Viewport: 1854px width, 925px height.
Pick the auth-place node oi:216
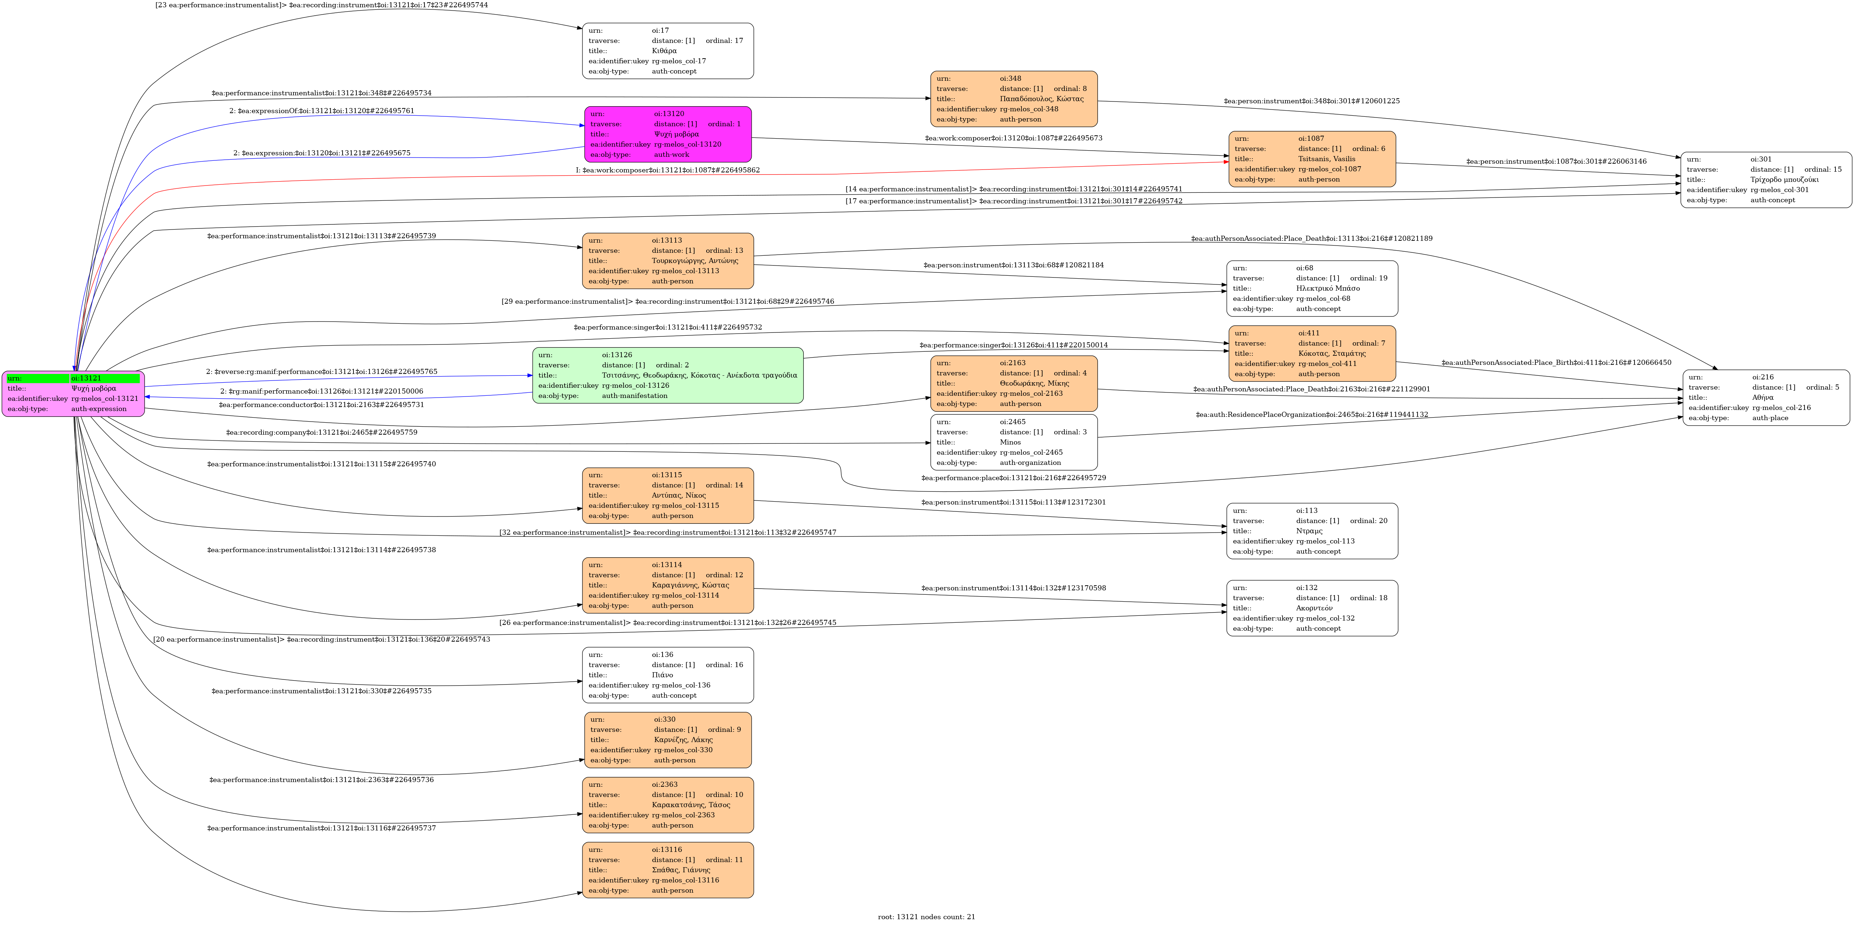[1766, 398]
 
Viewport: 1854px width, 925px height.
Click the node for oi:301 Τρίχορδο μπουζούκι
[1766, 180]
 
